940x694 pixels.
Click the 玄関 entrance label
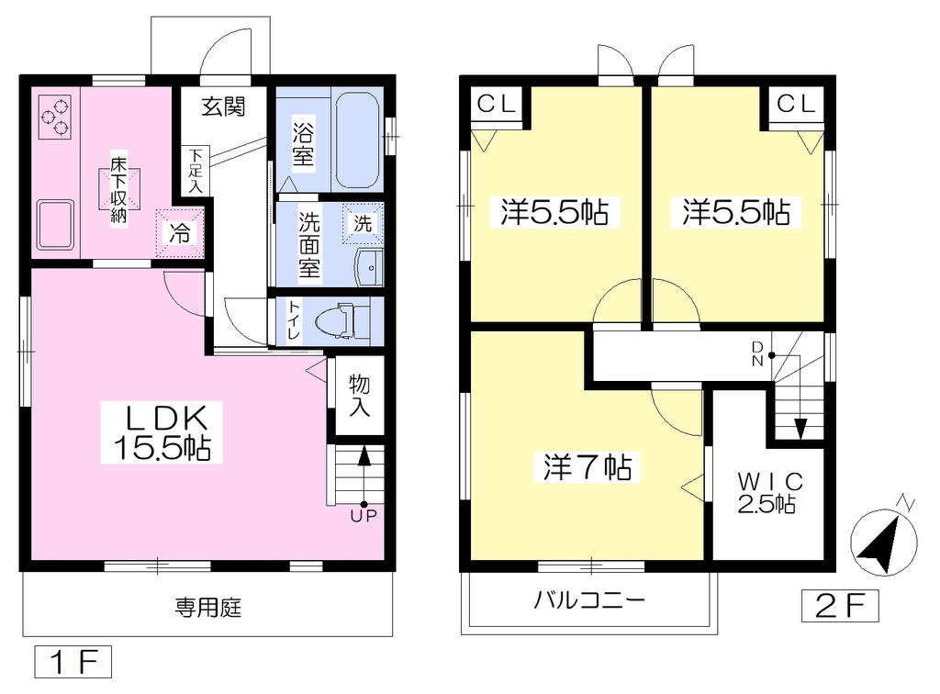pos(223,106)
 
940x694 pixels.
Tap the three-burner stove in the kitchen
pos(55,118)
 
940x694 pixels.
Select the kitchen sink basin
pos(55,224)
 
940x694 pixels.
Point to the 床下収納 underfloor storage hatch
pos(119,189)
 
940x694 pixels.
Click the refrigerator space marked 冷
pos(180,233)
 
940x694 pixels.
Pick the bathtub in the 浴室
pos(357,140)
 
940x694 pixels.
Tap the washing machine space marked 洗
pos(363,224)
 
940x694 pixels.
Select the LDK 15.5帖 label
pos(162,432)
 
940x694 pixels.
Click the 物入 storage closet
pos(359,396)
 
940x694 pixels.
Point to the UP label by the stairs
pos(364,515)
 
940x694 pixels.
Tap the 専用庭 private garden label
pos(208,608)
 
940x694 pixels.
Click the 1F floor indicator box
pos(73,662)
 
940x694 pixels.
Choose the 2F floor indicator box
pos(840,606)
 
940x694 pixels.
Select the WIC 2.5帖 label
pos(770,493)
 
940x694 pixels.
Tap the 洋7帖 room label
pos(587,467)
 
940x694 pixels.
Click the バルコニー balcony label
pos(590,600)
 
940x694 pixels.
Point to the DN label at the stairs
pos(757,354)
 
